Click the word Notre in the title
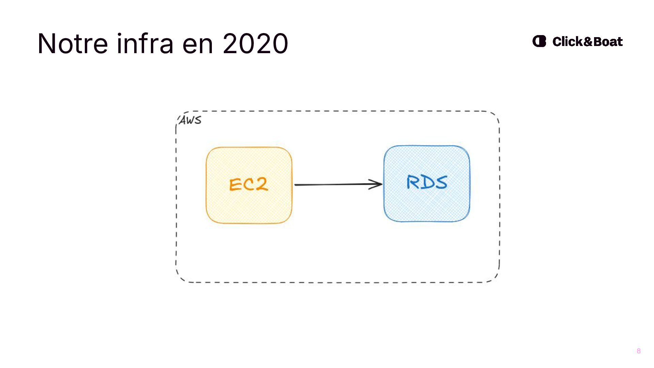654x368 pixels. point(73,44)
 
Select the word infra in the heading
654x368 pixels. point(145,44)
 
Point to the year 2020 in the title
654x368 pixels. point(255,44)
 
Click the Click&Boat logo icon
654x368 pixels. point(539,41)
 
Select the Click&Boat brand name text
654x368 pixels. point(587,42)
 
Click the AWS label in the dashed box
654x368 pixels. point(190,120)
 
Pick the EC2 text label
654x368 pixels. point(249,185)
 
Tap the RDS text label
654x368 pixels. point(427,182)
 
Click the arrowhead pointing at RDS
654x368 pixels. point(377,184)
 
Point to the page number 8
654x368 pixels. point(639,351)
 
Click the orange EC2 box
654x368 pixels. point(249,208)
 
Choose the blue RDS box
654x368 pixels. point(427,206)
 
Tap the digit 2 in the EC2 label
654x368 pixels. point(262,184)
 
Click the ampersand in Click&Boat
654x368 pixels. point(588,42)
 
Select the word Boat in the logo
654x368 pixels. point(608,42)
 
